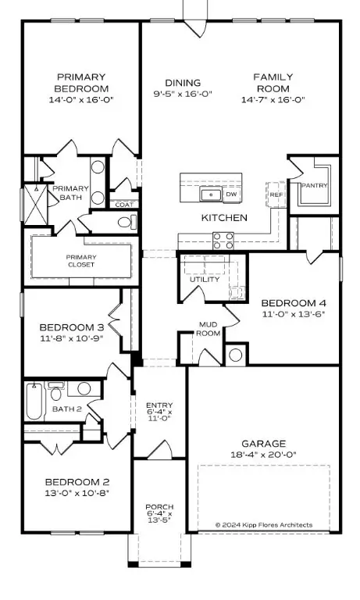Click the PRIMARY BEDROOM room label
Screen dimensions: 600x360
[x=80, y=83]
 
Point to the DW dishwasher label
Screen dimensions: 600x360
[x=231, y=195]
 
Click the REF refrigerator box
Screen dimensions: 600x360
[x=276, y=193]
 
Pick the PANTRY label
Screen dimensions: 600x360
[x=314, y=185]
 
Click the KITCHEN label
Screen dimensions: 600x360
[x=224, y=217]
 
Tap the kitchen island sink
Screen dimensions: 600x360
[x=209, y=195]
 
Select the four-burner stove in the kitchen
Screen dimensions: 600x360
[x=223, y=240]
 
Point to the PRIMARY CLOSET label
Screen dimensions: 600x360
[x=80, y=260]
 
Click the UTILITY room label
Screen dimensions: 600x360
[x=205, y=279]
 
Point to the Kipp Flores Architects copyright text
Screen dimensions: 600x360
[x=264, y=524]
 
